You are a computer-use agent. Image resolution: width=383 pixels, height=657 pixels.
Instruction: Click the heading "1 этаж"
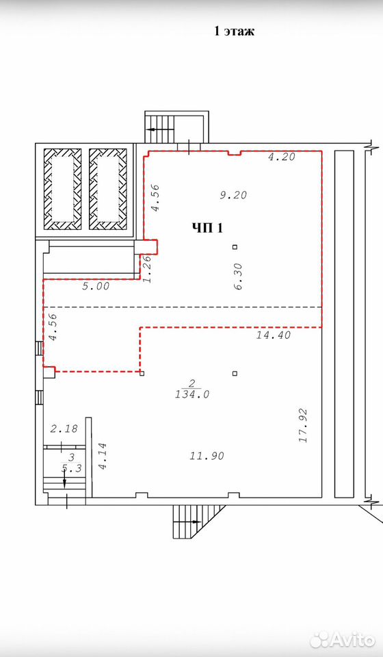click(234, 31)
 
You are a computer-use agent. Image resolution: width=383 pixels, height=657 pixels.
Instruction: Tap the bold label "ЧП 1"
click(208, 228)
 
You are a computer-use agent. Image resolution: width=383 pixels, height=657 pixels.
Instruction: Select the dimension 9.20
click(233, 195)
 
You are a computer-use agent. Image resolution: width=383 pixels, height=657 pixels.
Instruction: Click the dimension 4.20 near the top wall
click(282, 157)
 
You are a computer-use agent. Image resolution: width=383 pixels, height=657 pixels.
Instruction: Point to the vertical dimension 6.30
click(238, 279)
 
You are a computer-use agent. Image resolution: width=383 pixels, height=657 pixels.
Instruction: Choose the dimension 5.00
click(96, 287)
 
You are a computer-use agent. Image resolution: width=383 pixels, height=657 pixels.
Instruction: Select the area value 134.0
click(192, 394)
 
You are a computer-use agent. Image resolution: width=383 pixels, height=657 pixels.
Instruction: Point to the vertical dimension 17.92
click(304, 426)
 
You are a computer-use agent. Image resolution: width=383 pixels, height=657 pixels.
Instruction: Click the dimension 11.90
click(207, 456)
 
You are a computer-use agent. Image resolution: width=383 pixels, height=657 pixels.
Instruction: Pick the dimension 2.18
click(64, 428)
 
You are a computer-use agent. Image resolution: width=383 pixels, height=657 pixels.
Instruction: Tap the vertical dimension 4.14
click(102, 456)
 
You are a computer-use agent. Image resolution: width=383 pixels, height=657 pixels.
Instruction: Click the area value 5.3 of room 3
click(72, 469)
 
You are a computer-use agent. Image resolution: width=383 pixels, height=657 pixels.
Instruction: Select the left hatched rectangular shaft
click(63, 189)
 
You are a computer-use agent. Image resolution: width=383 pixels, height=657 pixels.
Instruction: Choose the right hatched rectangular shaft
click(108, 189)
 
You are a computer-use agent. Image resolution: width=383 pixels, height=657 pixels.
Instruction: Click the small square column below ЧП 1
click(235, 247)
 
